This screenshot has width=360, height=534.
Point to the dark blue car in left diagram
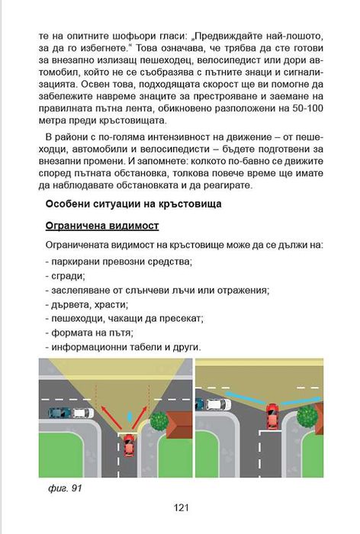[58, 413]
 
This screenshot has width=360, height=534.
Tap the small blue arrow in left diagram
[130, 418]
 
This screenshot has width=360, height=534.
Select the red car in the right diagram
[271, 417]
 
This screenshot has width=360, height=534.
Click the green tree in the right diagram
[307, 416]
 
